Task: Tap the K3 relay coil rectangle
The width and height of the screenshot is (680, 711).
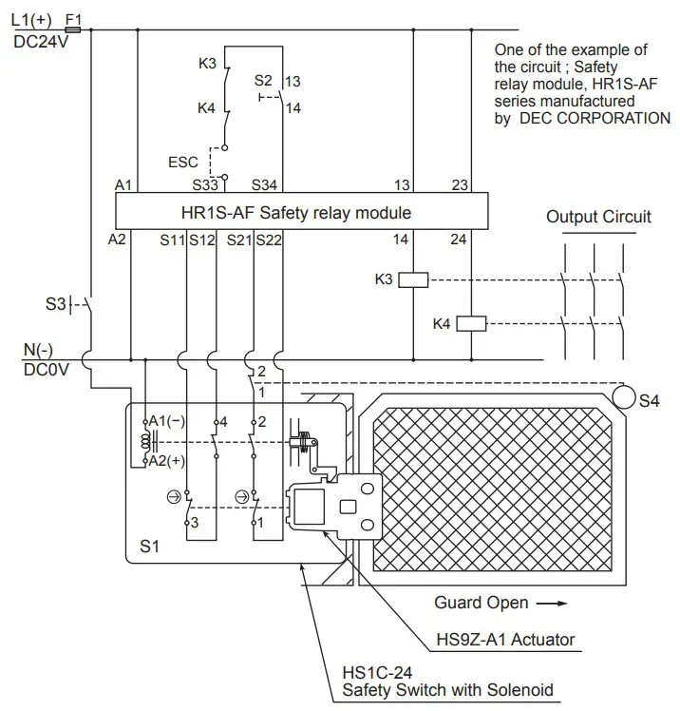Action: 413,279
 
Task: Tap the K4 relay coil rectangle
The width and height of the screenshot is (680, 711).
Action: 471,324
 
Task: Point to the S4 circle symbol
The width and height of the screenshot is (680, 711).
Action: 623,394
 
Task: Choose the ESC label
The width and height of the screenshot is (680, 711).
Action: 183,163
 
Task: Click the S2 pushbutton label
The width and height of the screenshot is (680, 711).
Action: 263,82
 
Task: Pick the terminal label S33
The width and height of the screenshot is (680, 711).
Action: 207,183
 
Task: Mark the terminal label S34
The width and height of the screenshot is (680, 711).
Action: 267,183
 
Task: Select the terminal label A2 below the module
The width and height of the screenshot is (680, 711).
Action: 118,240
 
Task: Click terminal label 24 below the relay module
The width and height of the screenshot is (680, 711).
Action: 459,240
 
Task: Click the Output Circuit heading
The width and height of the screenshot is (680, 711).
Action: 598,217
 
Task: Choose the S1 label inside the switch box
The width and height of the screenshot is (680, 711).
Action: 150,547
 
